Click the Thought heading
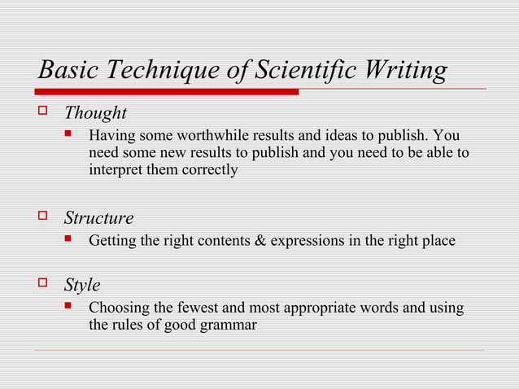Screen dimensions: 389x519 pyautogui.click(x=95, y=112)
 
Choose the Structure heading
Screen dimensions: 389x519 pyautogui.click(x=98, y=218)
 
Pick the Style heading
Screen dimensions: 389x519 pyautogui.click(x=82, y=285)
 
